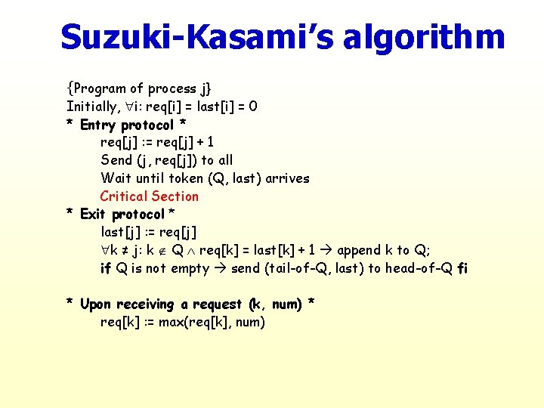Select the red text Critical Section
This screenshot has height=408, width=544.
pos(150,196)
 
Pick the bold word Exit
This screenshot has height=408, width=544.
pos(92,215)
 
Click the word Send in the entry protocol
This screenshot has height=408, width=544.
pos(116,160)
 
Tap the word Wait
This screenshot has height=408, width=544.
pos(116,178)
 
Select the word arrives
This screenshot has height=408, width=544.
pos(287,178)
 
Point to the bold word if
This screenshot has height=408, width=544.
pos(106,268)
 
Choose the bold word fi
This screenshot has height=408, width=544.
pos(462,268)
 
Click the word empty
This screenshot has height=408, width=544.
pos(189,269)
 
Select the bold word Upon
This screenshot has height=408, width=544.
pos(95,304)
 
